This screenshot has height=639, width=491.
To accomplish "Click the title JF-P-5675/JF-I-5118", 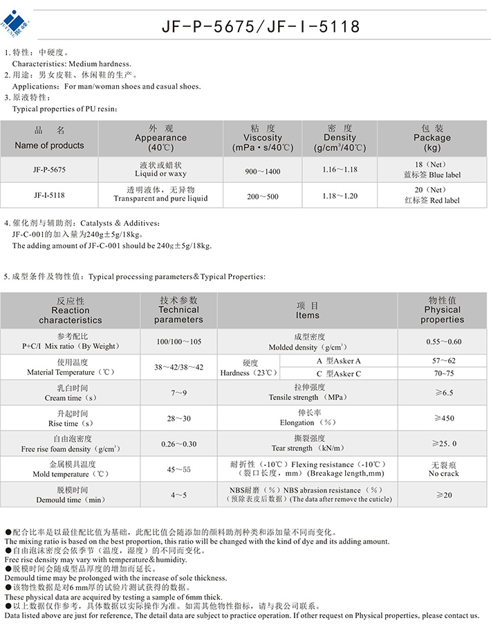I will (261, 26).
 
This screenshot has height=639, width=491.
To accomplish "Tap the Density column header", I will (340, 138).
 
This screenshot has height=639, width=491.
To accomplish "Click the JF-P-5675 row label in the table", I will (49, 170).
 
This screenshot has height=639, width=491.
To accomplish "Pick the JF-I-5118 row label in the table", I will (49, 195).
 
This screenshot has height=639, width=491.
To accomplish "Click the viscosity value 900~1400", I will (263, 171).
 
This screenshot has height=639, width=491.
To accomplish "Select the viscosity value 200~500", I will (263, 197).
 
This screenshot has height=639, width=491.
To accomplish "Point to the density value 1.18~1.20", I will (340, 196).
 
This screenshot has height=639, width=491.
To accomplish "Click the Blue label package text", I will (432, 175).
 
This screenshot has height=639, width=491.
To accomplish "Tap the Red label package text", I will (432, 201).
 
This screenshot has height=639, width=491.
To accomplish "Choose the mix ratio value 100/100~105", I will (179, 342).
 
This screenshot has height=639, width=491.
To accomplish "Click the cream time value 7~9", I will (179, 393).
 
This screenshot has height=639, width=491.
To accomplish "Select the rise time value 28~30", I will (179, 418).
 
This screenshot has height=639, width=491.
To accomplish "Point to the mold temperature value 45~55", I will (179, 469).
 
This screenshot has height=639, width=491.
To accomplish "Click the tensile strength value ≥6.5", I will (443, 393).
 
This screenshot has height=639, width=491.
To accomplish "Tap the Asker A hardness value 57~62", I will (443, 361).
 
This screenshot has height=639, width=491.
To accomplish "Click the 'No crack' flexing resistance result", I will (443, 474).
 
